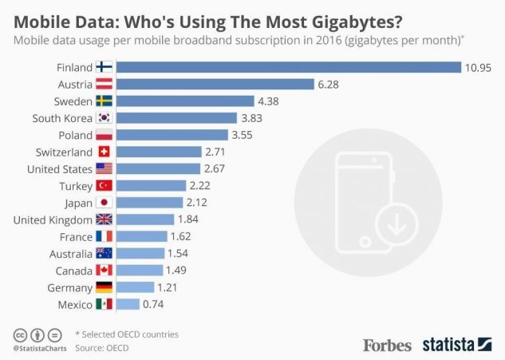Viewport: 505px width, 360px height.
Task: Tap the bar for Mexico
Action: click(128, 304)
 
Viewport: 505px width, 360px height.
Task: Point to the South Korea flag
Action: click(105, 117)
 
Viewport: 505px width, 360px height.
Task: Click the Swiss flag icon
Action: click(105, 152)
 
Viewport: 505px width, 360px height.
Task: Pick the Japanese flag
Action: click(105, 202)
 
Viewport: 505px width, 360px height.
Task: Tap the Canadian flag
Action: click(105, 270)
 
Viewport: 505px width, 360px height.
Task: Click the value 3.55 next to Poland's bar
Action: click(241, 135)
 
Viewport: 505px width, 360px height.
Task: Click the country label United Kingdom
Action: click(52, 220)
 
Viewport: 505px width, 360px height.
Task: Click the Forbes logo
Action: click(388, 345)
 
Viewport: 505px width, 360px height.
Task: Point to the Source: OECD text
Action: click(101, 348)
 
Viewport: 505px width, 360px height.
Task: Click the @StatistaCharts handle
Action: click(39, 349)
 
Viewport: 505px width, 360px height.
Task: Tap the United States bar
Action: click(158, 168)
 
